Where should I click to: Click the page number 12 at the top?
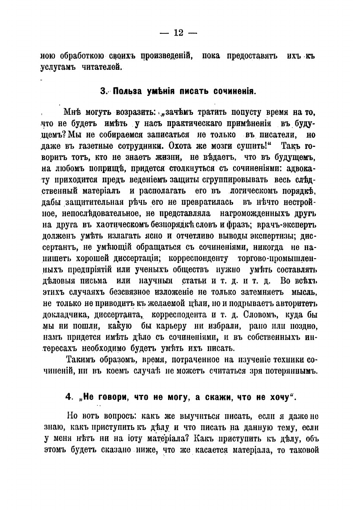tap(179, 34)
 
